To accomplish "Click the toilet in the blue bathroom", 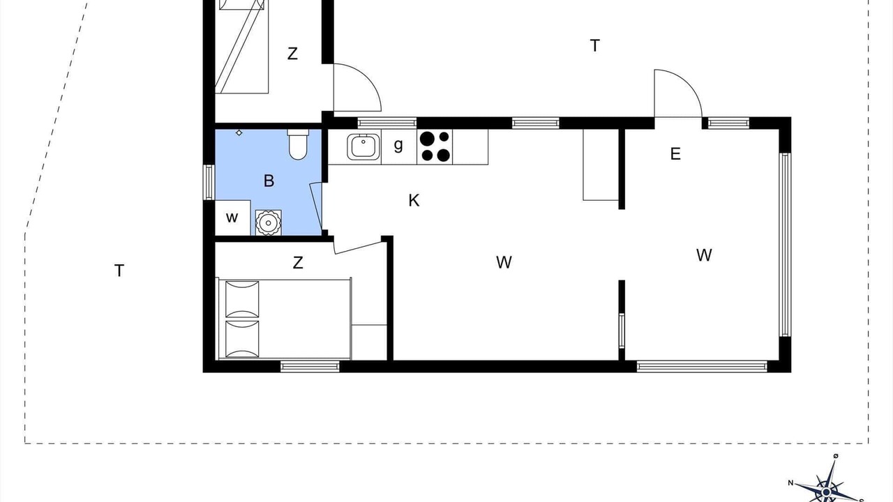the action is tap(298, 144).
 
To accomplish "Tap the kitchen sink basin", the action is tap(363, 146).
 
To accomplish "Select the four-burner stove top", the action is tap(435, 146).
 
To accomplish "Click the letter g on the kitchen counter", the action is tap(398, 145).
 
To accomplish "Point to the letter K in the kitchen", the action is tap(414, 200).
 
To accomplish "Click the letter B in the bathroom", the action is tap(269, 181).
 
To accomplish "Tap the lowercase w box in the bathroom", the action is tap(232, 218).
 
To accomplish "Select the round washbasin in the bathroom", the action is tap(269, 222).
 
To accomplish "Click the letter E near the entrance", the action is tap(675, 154).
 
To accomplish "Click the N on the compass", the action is tap(790, 483).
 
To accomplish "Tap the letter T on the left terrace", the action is tap(119, 271).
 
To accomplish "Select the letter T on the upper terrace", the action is tap(595, 46).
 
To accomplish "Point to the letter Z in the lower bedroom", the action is tap(298, 263).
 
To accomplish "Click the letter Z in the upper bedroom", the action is tap(292, 54).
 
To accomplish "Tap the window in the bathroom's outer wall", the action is tap(209, 182).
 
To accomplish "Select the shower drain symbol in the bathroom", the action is tap(239, 132).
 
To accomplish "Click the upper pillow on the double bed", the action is tap(242, 299).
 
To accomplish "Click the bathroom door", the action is tap(316, 208).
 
